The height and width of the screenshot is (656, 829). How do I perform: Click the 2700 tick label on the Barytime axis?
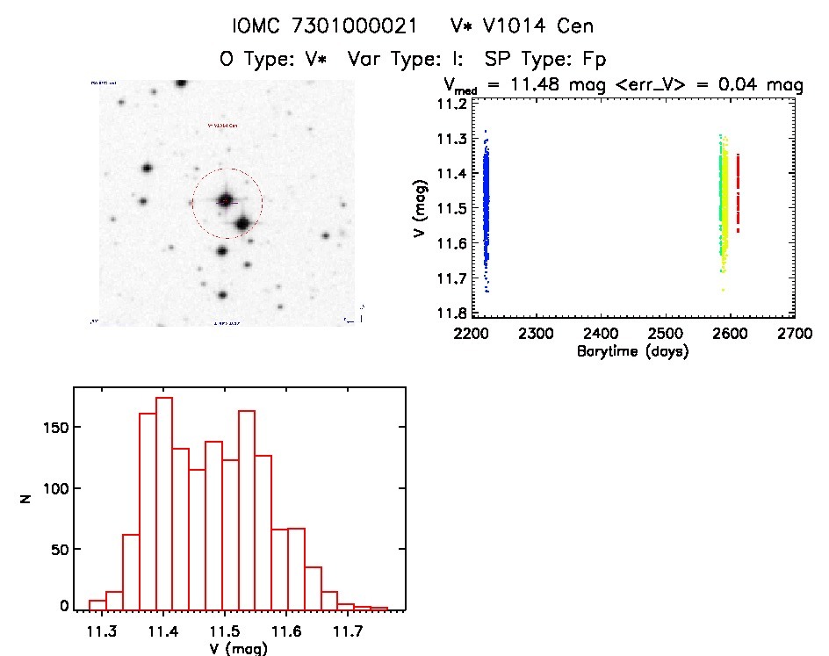795,335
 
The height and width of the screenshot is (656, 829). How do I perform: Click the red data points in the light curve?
738,193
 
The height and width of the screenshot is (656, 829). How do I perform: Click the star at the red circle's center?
226,201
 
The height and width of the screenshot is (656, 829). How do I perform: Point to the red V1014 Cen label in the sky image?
222,126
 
